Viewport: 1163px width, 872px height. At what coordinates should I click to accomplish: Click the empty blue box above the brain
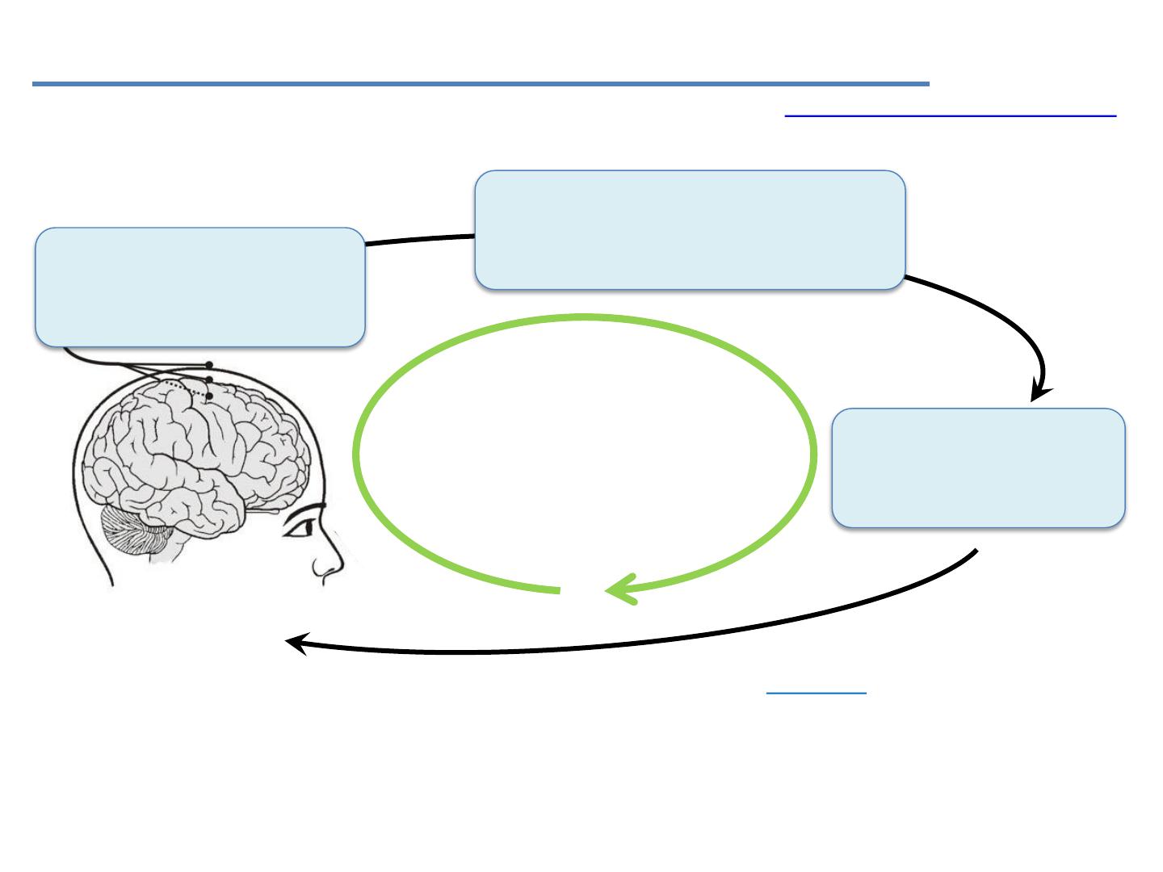click(x=199, y=287)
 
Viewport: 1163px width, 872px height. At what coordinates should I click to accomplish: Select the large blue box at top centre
click(x=690, y=229)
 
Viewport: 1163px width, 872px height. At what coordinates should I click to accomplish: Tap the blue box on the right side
click(x=978, y=467)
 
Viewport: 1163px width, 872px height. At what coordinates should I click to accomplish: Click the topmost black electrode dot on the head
click(x=209, y=365)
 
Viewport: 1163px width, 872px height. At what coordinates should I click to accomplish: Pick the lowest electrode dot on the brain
click(x=209, y=396)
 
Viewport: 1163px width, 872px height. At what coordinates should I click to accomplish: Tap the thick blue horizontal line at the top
click(x=481, y=83)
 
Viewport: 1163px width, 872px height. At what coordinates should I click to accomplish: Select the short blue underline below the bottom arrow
click(x=816, y=693)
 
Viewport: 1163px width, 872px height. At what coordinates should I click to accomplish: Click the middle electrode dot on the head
click(x=209, y=379)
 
